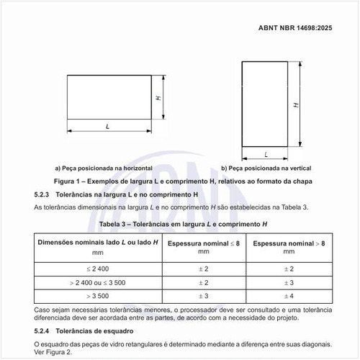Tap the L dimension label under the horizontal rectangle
pyautogui.click(x=107, y=126)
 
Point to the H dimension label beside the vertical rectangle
pyautogui.click(x=296, y=104)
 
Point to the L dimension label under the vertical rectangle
pyautogui.click(x=266, y=154)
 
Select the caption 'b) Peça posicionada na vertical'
pyautogui.click(x=266, y=167)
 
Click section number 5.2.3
pyautogui.click(x=41, y=194)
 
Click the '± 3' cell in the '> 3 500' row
pyautogui.click(x=203, y=296)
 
